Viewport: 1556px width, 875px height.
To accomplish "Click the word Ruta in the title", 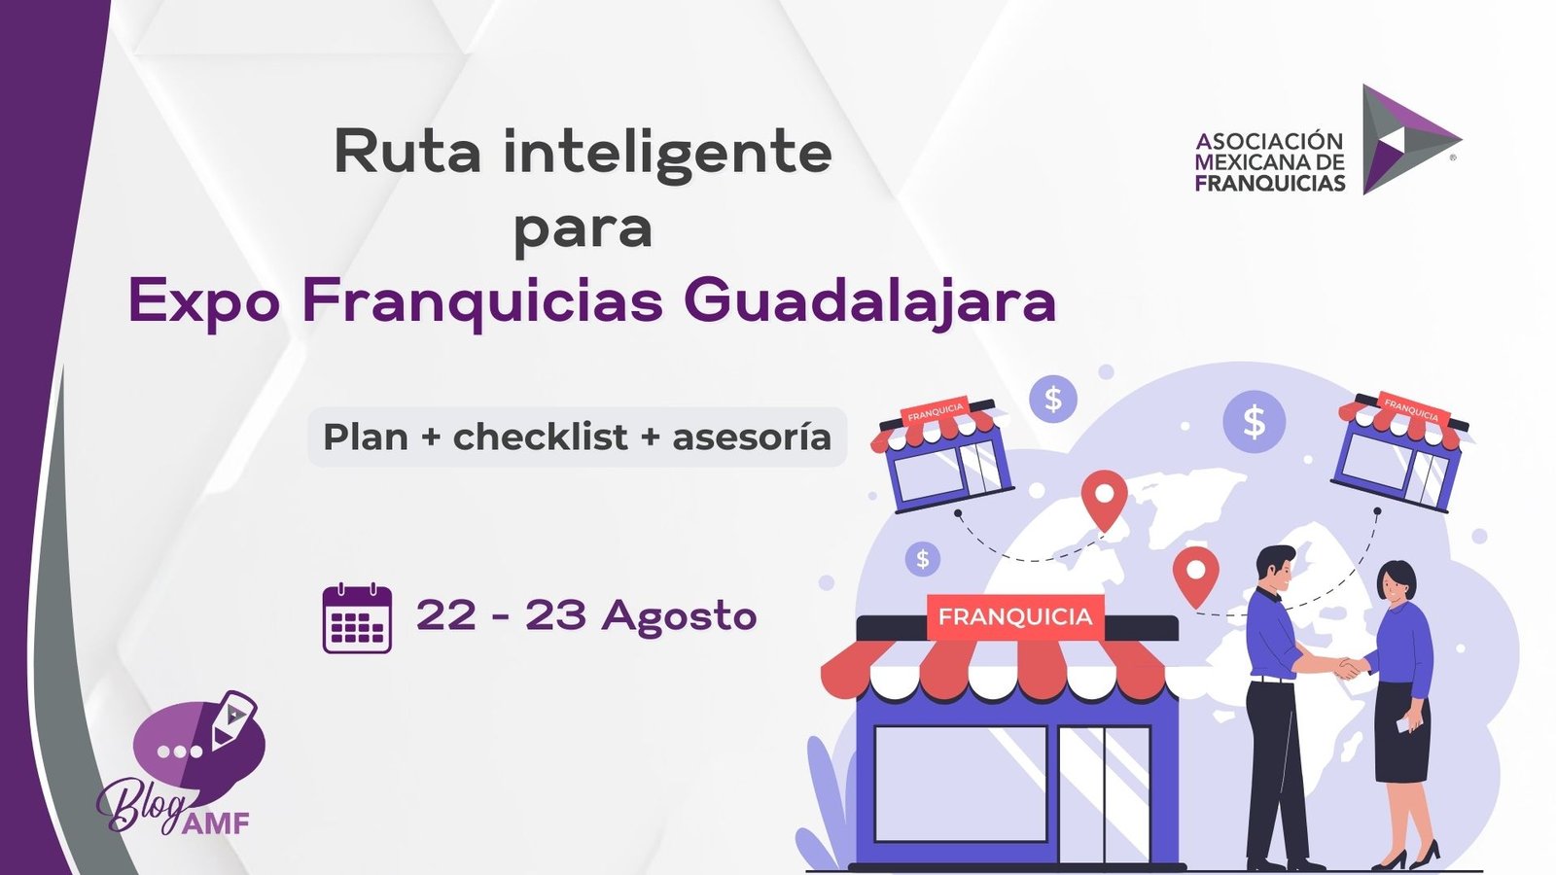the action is click(407, 151).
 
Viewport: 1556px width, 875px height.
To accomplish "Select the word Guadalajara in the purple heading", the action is click(869, 301).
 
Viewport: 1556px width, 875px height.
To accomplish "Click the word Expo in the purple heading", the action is click(204, 302).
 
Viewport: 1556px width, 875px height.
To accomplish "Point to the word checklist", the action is click(541, 437).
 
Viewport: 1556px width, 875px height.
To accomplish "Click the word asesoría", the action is click(752, 437).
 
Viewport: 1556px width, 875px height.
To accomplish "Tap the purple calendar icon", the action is click(357, 618).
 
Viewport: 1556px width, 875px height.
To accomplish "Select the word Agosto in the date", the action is click(679, 616).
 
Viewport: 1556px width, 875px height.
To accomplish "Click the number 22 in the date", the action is click(446, 613).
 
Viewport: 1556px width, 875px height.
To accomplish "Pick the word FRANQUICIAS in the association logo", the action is click(1270, 183).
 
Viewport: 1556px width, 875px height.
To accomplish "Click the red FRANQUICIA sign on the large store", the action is click(1015, 616).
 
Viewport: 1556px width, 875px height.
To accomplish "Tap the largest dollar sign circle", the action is click(1254, 422).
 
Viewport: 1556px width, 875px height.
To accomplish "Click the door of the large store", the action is click(1104, 793).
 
